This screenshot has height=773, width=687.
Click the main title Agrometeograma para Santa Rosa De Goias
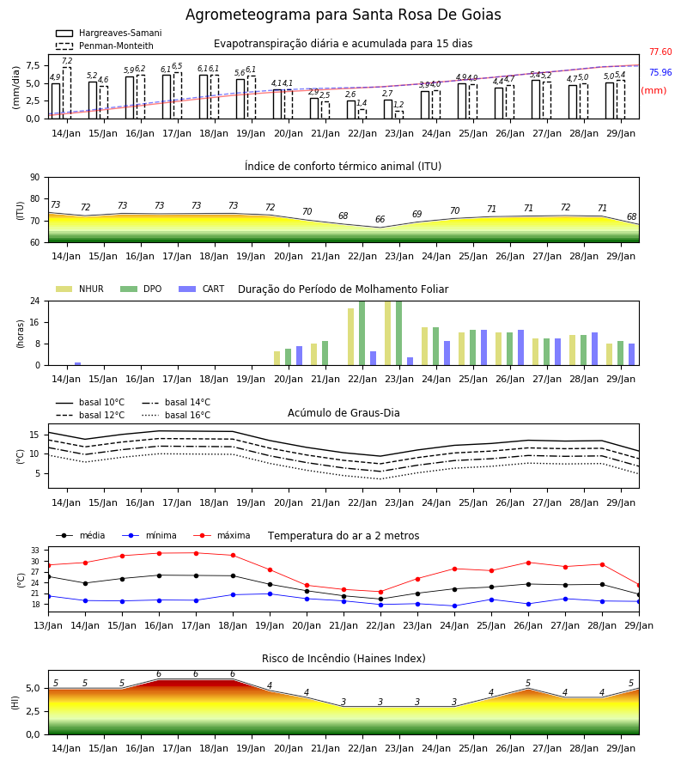[343, 15]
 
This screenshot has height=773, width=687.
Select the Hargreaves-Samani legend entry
[108, 33]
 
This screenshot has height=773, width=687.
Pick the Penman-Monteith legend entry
[105, 46]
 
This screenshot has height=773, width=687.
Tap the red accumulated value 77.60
[660, 52]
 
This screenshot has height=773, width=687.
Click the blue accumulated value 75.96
[660, 72]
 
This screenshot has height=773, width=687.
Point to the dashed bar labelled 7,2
[66, 93]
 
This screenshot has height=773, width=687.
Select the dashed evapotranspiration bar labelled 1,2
[399, 115]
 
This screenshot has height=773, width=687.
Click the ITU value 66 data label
[380, 219]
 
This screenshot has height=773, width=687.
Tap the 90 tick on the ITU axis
[35, 178]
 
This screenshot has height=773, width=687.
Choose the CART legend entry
[202, 289]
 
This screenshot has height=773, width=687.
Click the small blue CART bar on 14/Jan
[78, 364]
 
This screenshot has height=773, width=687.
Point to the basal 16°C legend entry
[176, 415]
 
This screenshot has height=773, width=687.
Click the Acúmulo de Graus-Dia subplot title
[343, 412]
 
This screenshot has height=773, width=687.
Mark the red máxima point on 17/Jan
[196, 553]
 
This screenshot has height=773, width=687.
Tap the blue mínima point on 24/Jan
[454, 606]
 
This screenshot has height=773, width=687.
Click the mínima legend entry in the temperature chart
[149, 535]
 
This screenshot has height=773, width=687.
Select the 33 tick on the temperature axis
[35, 551]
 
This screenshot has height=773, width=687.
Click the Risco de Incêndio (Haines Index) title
[343, 658]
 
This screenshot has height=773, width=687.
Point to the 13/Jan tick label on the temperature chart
[48, 625]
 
